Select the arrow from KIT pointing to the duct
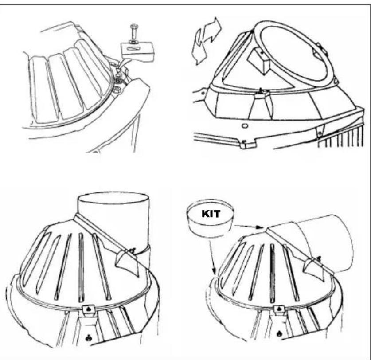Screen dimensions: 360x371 pos(250,227)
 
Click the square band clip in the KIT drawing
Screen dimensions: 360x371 pos(279,309)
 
